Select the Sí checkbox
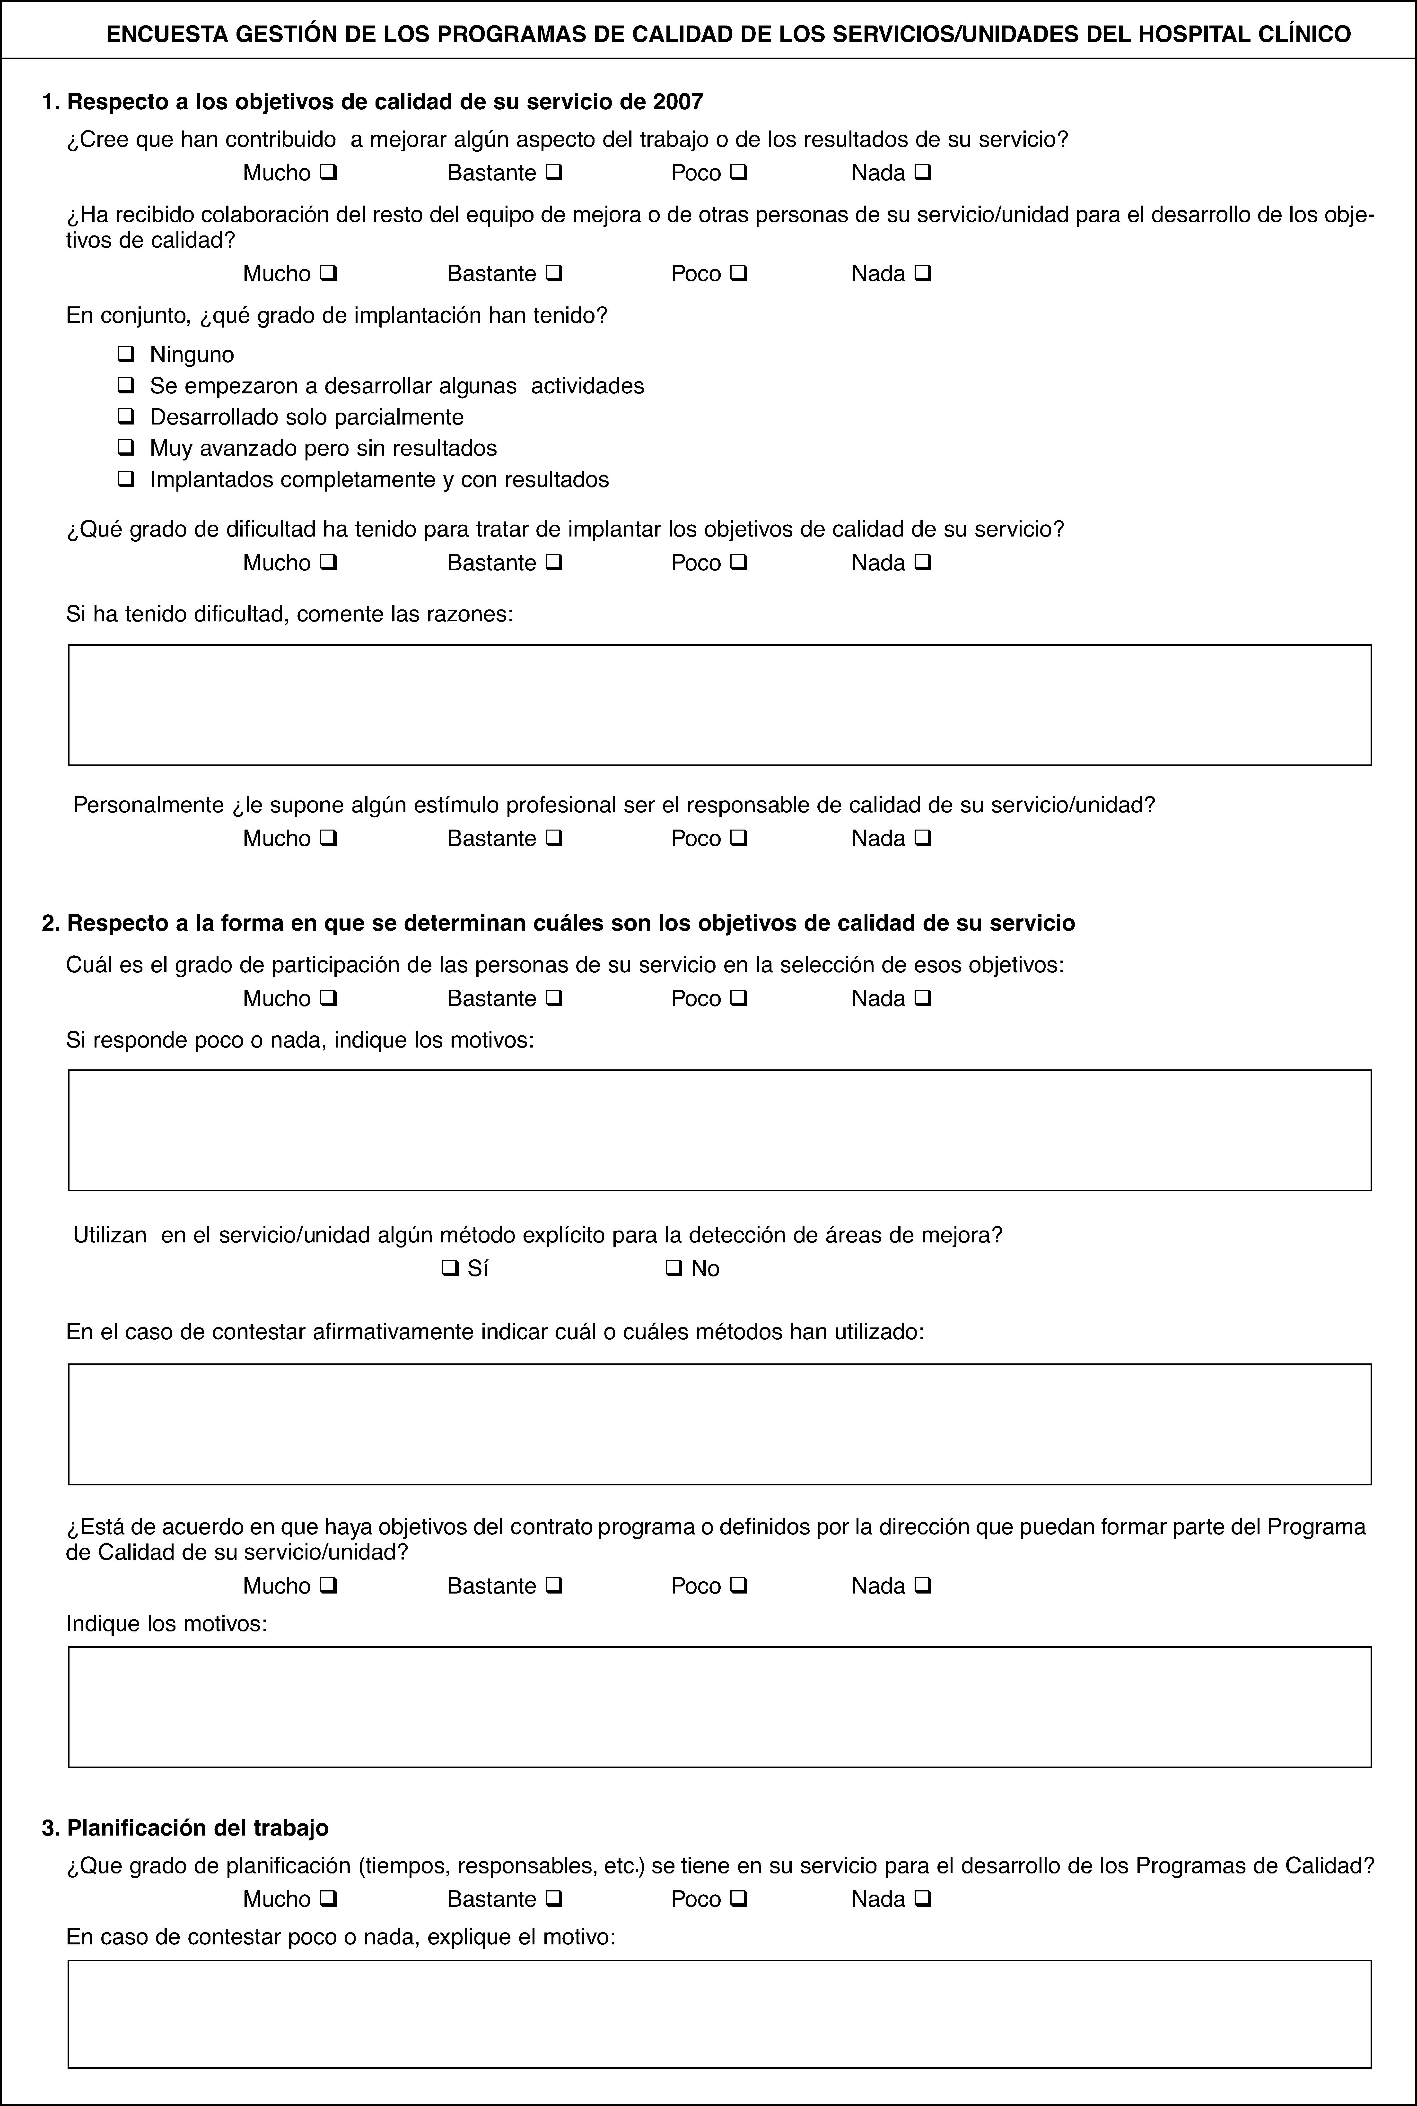[x=448, y=1268]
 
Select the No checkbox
[x=672, y=1268]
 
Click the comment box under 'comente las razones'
[x=719, y=705]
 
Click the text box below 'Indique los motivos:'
[x=719, y=1707]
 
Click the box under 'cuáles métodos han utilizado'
[x=719, y=1424]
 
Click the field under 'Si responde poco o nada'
[x=719, y=1130]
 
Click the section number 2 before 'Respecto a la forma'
[x=50, y=922]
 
